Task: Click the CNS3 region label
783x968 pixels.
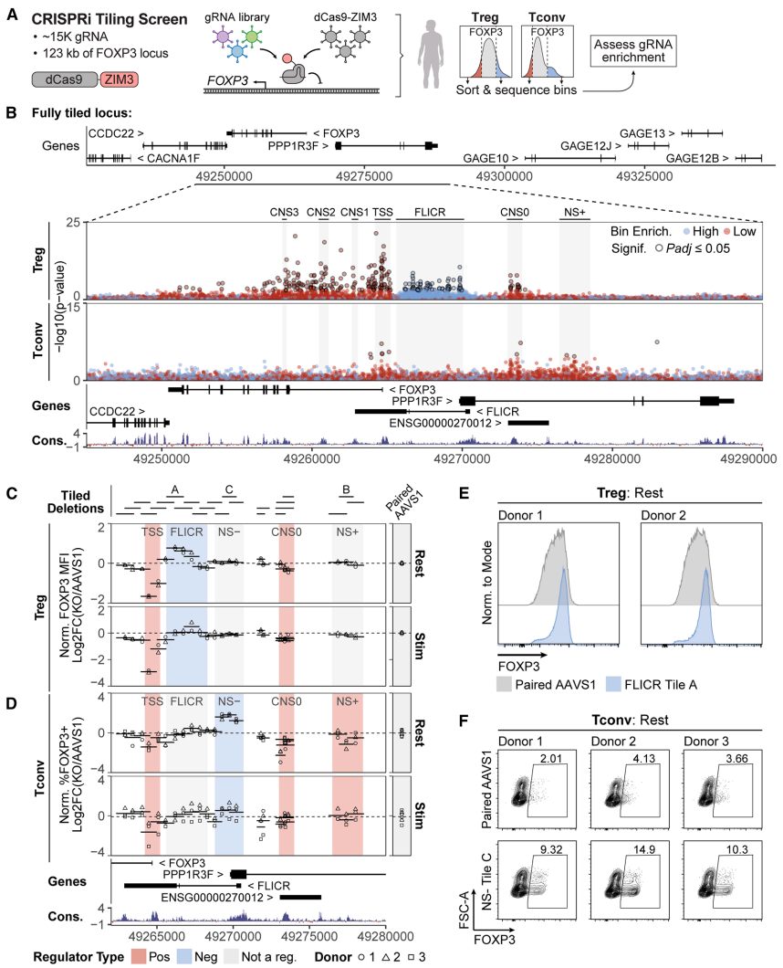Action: pos(284,212)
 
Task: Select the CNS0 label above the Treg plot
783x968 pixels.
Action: pos(515,212)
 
